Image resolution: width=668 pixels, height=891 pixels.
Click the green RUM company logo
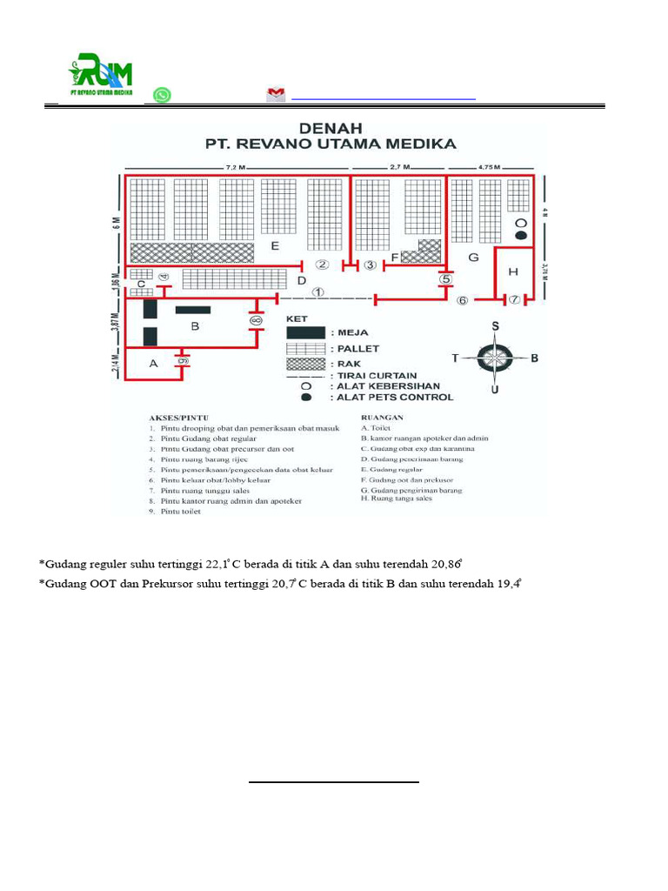pos(106,75)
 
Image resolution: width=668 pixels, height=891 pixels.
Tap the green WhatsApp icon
pos(162,95)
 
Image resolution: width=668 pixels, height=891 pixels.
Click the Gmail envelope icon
pos(276,95)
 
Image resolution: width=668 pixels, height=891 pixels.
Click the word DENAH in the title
pos(330,127)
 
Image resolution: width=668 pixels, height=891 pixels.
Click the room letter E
pos(275,246)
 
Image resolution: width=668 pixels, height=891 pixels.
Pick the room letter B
pos(196,326)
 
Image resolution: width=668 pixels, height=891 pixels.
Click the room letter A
pos(153,364)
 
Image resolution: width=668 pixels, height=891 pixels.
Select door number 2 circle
pos(322,265)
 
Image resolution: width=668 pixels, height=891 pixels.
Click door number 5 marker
pos(445,279)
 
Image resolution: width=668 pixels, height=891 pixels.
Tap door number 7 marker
pos(514,299)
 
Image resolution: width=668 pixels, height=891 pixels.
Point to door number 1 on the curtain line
pos(318,292)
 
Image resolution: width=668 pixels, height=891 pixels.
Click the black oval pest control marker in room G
pos(520,235)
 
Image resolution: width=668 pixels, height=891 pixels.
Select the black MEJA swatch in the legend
pos(306,332)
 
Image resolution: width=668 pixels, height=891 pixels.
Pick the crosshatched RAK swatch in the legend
pos(306,363)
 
